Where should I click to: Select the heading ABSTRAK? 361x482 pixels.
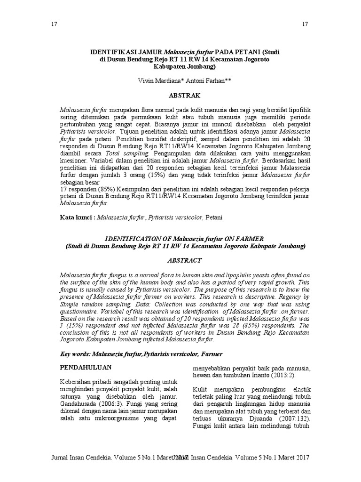(x=180, y=96)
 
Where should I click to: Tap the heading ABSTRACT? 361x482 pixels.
(x=180, y=260)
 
